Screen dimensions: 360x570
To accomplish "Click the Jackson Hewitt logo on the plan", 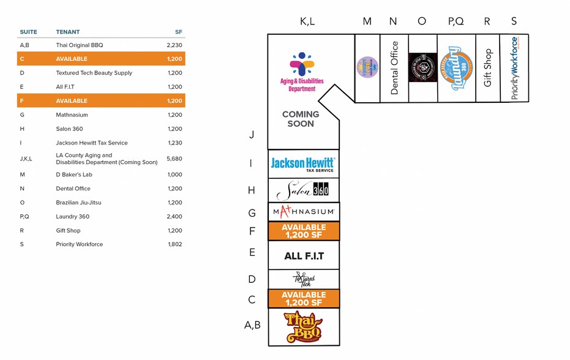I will [x=303, y=164].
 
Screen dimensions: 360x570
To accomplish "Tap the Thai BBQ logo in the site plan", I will [x=303, y=328].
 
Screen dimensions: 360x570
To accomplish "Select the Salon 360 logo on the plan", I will [x=303, y=191].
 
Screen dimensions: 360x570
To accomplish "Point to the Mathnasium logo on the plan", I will [x=303, y=212].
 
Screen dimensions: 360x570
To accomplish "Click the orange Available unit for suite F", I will [x=303, y=231].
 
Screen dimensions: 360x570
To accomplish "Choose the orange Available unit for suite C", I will [x=303, y=299].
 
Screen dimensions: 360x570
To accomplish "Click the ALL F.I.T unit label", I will [x=304, y=256].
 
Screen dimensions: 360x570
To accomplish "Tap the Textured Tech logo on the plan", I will [x=304, y=280].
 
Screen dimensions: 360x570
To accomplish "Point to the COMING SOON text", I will [x=301, y=119].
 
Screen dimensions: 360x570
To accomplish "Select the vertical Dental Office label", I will [x=394, y=68].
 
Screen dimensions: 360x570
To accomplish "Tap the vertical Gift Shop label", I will [x=487, y=68].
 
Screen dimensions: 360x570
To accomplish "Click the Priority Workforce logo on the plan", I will [x=514, y=68].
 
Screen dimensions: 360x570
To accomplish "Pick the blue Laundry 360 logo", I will [x=456, y=69].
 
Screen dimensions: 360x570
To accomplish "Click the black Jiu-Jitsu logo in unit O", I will [x=422, y=67].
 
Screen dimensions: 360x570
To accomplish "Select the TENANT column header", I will [x=68, y=32].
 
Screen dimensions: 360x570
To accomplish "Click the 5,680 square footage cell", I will [x=174, y=159].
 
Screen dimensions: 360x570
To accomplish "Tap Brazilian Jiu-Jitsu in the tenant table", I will [x=78, y=203].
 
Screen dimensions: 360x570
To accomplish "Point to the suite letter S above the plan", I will [x=514, y=21].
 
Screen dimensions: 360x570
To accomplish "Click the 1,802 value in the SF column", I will [x=175, y=244].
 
